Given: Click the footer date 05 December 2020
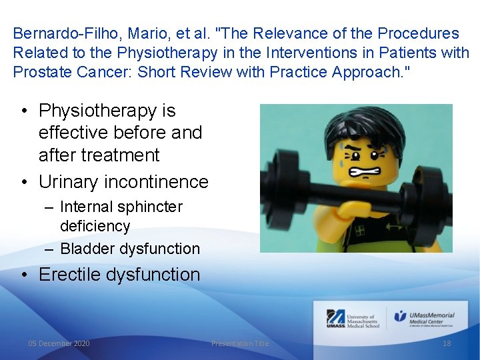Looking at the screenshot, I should point(59,343).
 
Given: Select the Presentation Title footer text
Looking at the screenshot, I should point(240,343).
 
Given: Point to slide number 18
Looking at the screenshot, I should point(447,343).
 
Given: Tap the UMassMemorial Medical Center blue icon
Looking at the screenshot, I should point(400,316).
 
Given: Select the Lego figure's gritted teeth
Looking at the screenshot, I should point(369,175).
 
